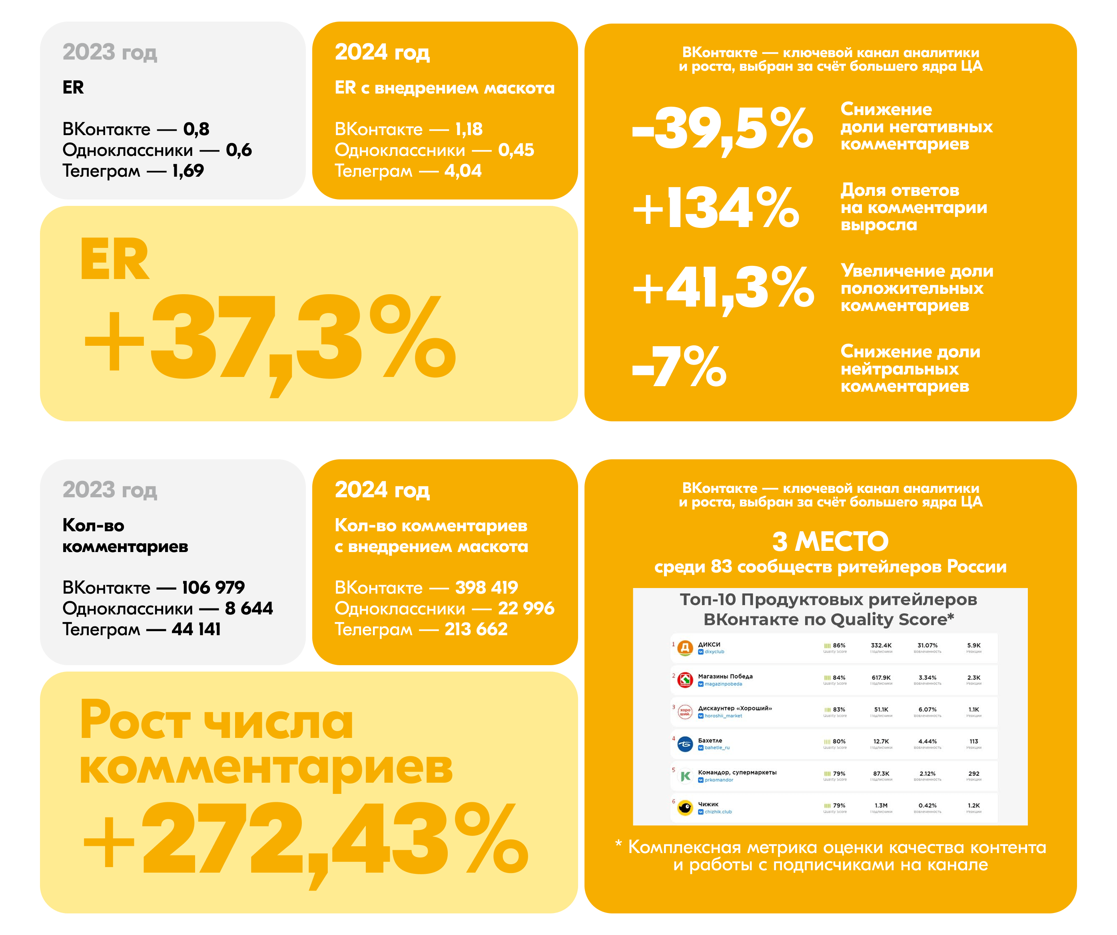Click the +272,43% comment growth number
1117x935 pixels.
(306, 840)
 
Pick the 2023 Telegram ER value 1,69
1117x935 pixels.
(188, 171)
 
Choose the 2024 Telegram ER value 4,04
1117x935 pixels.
(463, 171)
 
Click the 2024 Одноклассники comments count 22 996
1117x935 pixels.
(526, 608)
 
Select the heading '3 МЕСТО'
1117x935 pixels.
(830, 541)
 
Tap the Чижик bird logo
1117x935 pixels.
(685, 808)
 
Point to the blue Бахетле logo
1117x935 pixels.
(685, 744)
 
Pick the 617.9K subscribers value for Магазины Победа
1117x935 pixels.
(881, 678)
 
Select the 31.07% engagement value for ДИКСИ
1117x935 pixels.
(927, 645)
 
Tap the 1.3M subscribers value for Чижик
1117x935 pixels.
(881, 805)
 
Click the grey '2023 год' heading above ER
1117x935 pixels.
(110, 52)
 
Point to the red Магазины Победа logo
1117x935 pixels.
(685, 680)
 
